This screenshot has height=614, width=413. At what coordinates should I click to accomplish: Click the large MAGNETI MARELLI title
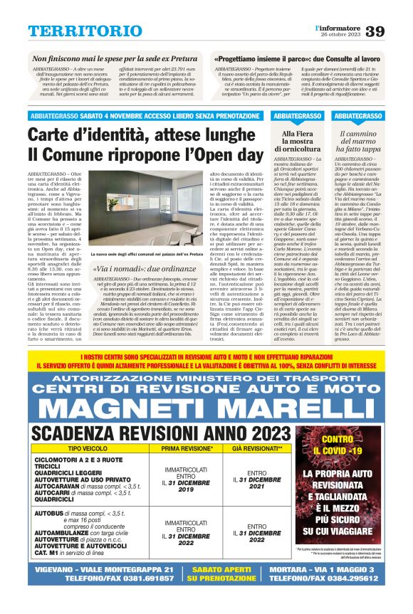(x=206, y=407)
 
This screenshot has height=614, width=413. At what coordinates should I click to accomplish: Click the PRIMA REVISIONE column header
(x=187, y=450)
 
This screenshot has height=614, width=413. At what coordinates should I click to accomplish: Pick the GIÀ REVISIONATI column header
(x=255, y=450)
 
